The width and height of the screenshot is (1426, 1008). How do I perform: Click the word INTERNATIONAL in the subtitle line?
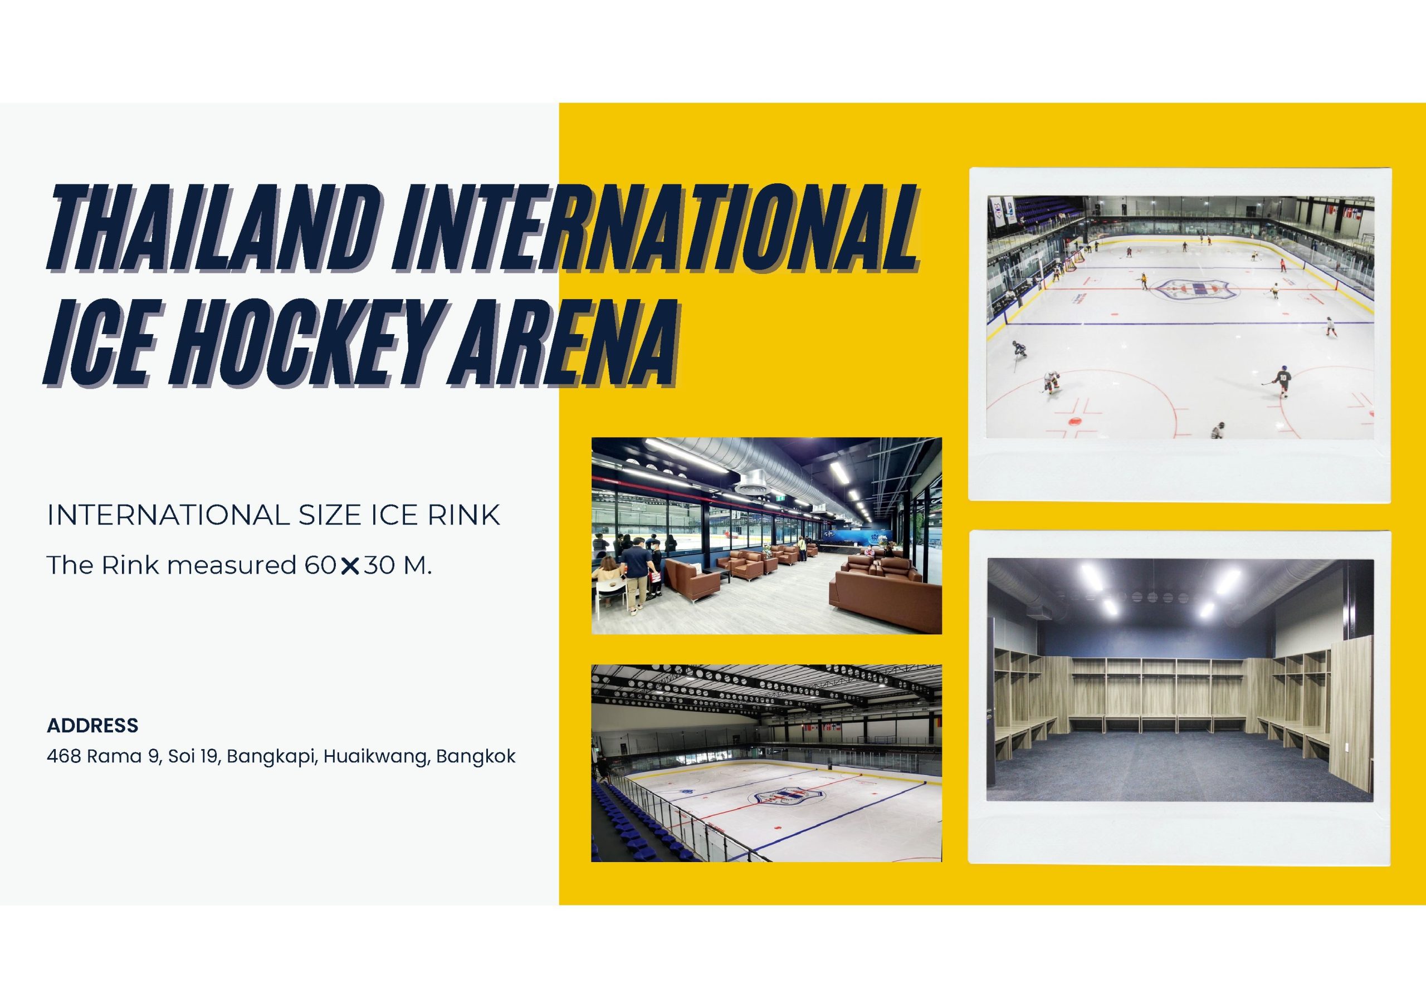coord(168,516)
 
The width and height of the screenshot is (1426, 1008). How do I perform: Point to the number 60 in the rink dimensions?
coord(320,565)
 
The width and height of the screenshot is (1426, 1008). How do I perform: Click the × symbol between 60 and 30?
coord(350,566)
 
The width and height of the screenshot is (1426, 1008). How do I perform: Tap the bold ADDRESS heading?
coord(92,726)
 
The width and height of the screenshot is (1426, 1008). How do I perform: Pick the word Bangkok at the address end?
coord(476,756)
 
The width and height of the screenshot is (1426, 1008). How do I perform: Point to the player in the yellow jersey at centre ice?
coord(1143,281)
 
